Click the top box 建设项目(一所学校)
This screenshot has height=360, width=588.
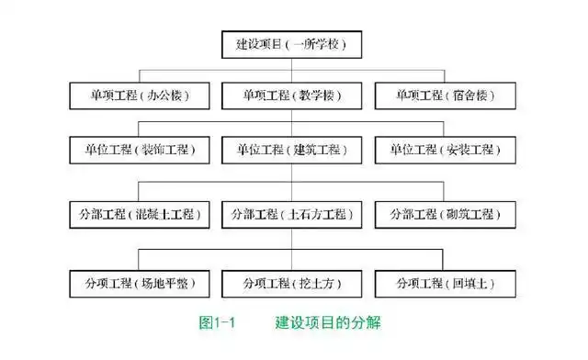[x=291, y=43]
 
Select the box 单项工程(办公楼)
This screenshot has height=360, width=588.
[x=141, y=96]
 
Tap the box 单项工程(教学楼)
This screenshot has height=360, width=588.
[x=291, y=96]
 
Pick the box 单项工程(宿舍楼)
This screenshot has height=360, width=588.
[x=445, y=96]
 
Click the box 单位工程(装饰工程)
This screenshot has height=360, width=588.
[x=141, y=150]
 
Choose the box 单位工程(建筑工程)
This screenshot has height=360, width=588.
[x=291, y=150]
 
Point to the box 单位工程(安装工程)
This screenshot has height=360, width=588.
[x=445, y=150]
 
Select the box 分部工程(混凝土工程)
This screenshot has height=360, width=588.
[x=141, y=214]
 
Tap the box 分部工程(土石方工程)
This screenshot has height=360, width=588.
[x=291, y=214]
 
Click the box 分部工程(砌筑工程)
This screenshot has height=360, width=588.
[x=445, y=214]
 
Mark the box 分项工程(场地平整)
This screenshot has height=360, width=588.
[x=141, y=282]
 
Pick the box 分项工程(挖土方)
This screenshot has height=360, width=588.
[x=291, y=282]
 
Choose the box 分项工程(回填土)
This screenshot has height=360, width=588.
[x=445, y=282]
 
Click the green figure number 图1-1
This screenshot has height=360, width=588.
[x=219, y=322]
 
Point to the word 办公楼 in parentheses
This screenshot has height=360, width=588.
[x=172, y=96]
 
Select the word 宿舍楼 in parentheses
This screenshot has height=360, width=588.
[x=476, y=96]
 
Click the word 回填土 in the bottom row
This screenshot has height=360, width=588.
[x=476, y=282]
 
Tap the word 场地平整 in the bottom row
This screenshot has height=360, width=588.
[x=168, y=282]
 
